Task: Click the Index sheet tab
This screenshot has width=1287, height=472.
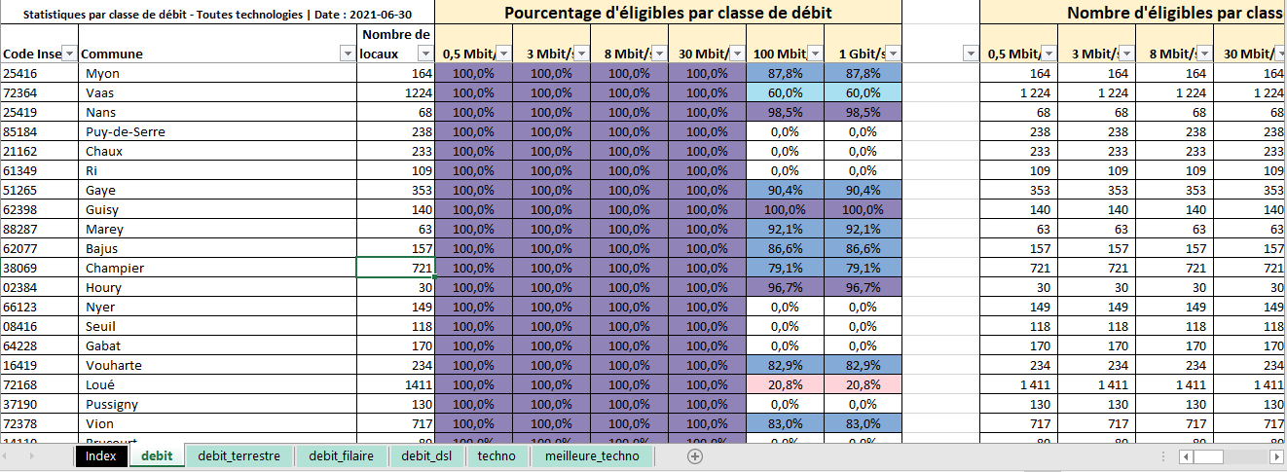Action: click(100, 455)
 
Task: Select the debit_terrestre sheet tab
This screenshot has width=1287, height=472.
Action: click(239, 455)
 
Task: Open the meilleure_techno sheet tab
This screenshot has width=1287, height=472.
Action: click(592, 455)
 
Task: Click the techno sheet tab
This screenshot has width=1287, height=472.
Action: click(496, 455)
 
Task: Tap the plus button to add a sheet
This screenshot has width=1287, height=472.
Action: click(694, 455)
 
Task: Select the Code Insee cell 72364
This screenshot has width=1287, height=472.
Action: click(21, 92)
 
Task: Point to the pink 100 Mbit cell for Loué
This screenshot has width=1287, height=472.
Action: click(785, 384)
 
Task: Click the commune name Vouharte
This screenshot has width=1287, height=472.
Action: click(114, 365)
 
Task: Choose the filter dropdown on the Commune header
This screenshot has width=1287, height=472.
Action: click(347, 54)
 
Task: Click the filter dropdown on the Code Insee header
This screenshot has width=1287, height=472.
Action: click(68, 54)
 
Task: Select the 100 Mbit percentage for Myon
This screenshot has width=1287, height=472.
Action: click(785, 73)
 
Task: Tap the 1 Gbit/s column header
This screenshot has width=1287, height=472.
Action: click(854, 54)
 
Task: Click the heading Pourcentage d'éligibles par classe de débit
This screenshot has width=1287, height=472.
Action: click(669, 14)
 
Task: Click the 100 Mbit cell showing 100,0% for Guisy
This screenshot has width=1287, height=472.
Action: click(785, 209)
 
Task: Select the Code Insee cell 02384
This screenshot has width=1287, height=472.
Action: click(21, 287)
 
